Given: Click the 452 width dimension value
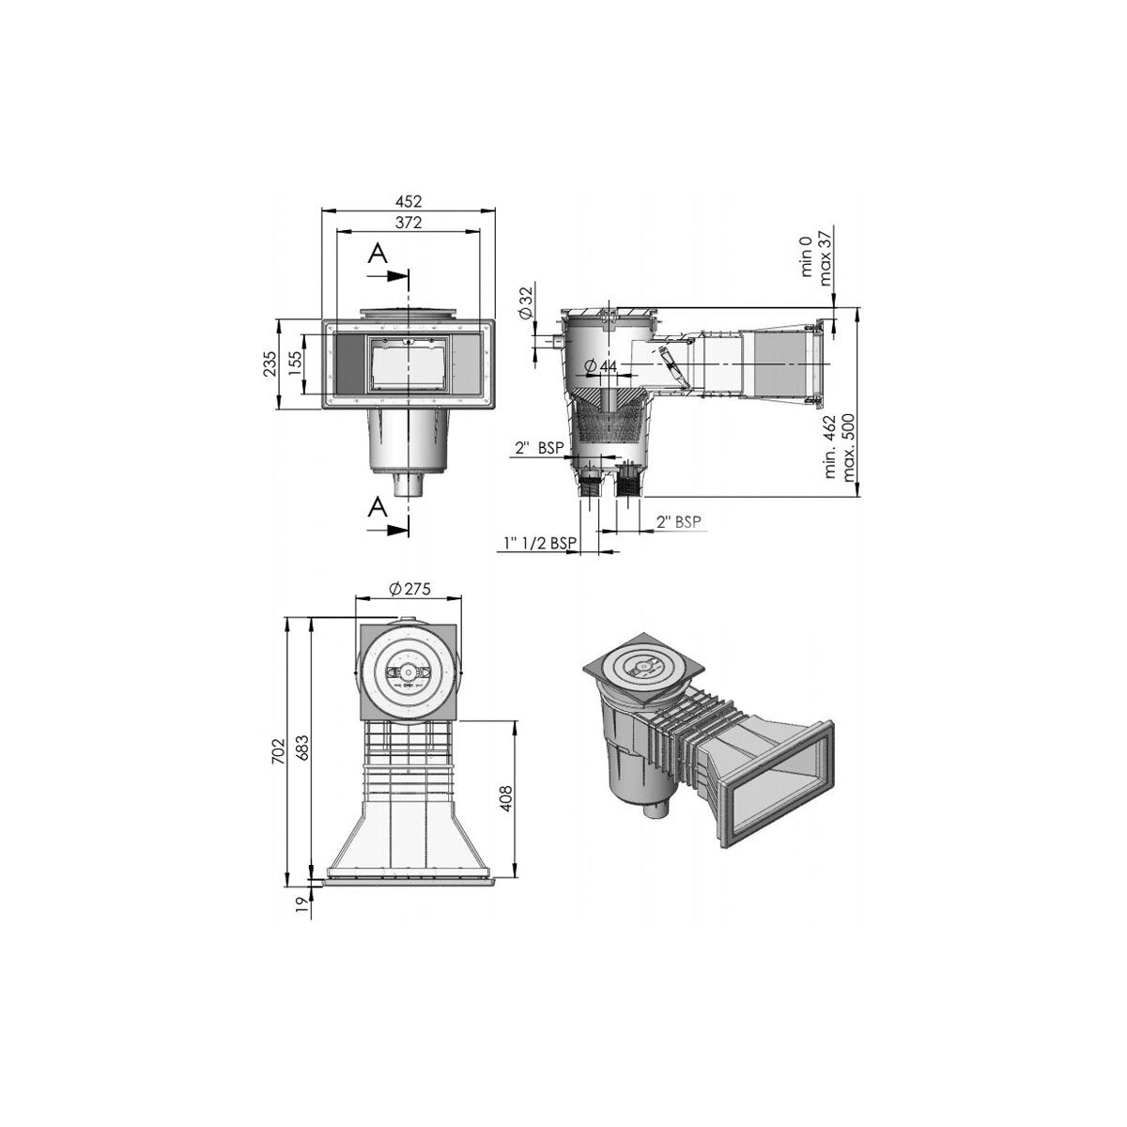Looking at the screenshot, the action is tap(409, 201).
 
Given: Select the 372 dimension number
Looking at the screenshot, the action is tap(409, 223).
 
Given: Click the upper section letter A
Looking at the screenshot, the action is tap(378, 254).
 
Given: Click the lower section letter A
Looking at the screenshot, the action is tap(378, 507).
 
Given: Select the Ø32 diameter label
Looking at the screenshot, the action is tap(528, 303).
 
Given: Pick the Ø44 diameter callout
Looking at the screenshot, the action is tap(600, 366).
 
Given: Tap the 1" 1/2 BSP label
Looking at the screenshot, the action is tap(540, 544).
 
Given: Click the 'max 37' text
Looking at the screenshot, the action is tap(826, 258).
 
